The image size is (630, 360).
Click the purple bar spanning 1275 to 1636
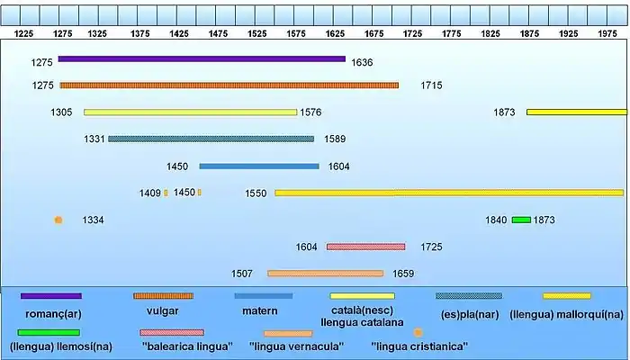202,59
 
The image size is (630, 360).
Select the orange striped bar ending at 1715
229,85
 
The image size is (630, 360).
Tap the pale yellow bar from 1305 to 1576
190,112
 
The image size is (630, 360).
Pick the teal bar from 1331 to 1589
211,139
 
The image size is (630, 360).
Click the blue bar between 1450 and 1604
259,166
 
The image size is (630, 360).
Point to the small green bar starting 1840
521,220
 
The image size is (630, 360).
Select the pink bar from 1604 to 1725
365,247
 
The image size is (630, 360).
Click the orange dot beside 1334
58,220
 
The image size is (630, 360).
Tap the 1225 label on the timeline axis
24,32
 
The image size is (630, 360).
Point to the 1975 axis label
607,32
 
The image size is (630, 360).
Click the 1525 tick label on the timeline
256,32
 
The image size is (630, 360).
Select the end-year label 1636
363,62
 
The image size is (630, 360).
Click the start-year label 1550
256,193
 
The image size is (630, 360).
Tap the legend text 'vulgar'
162,310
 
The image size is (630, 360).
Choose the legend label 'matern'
260,310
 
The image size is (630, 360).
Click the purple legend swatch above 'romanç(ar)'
51,296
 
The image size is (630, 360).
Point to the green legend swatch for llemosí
49,332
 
